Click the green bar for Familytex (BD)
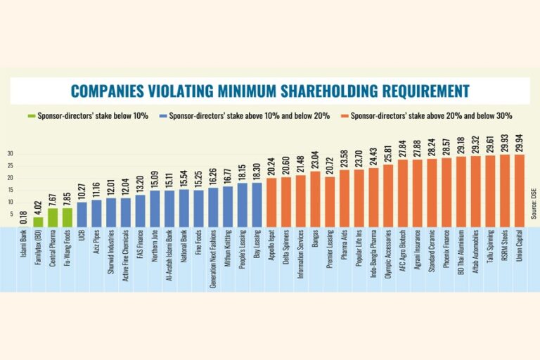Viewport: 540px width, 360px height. (39, 221)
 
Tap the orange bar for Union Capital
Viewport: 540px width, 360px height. (519, 191)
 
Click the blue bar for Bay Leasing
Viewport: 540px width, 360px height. (257, 205)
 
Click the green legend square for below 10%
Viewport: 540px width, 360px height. (30, 115)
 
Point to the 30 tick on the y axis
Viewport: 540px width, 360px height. (11, 153)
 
